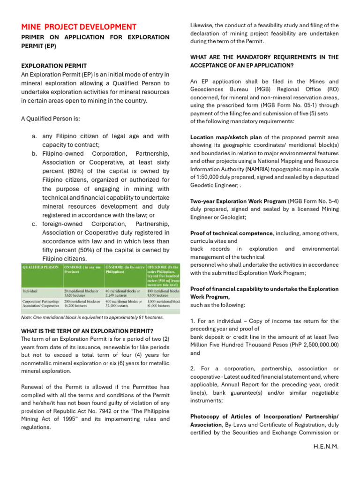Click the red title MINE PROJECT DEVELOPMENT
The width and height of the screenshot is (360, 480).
(x=79, y=27)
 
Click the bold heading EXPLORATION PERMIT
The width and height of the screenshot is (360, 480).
(x=53, y=66)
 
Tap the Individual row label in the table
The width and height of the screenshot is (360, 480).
(x=31, y=291)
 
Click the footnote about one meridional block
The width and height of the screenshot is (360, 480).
(x=92, y=317)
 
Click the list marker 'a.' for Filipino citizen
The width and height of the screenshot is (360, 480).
(x=35, y=136)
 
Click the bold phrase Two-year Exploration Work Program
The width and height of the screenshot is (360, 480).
(x=238, y=201)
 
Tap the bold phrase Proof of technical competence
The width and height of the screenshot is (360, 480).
(x=231, y=233)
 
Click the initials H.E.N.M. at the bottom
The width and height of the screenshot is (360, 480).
(x=326, y=446)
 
